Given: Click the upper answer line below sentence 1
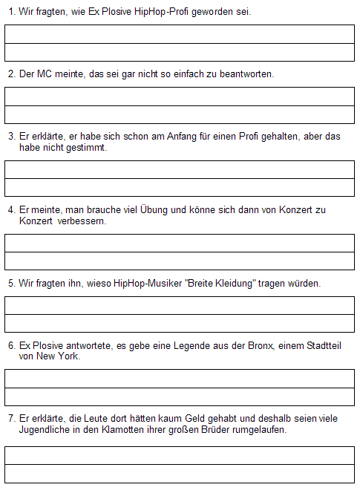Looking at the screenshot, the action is [180, 34].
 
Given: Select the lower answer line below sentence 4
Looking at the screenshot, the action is [180, 261].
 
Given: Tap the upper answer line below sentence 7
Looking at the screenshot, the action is [180, 455].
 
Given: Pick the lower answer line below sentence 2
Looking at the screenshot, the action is [180, 114].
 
